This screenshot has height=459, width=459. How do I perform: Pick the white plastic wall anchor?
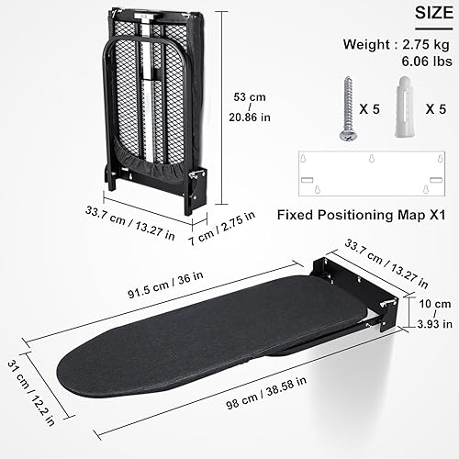(403, 106)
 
